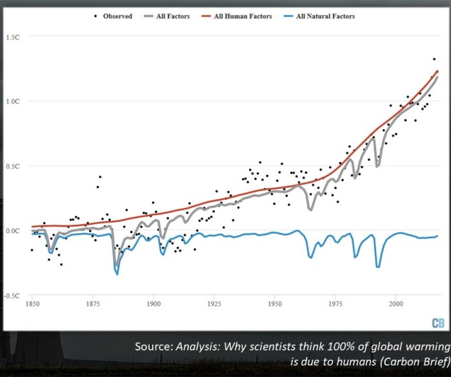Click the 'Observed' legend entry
click(117, 16)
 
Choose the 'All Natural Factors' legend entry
click(325, 16)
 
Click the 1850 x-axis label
click(32, 303)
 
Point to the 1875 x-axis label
click(92, 303)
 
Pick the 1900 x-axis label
click(153, 303)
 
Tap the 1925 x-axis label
click(214, 303)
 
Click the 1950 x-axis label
click(275, 303)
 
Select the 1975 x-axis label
click(336, 303)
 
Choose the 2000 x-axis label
click(396, 303)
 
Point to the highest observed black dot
click(434, 59)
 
